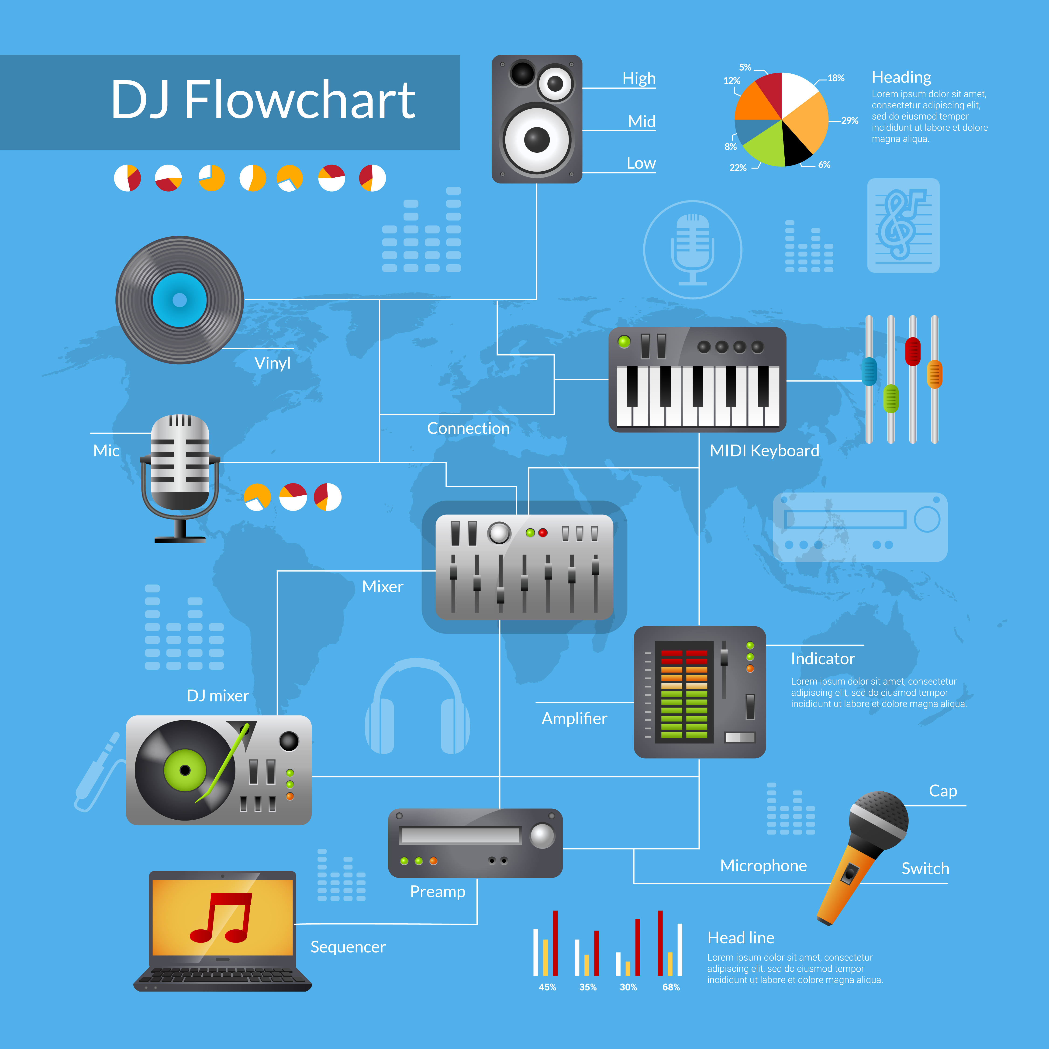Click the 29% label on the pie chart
850,121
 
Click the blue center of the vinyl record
180,300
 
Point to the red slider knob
913,351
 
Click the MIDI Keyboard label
765,451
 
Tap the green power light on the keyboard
625,342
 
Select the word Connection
468,428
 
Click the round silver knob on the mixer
499,533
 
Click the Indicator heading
823,659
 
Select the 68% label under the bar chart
671,987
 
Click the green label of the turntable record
185,770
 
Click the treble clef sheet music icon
903,225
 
